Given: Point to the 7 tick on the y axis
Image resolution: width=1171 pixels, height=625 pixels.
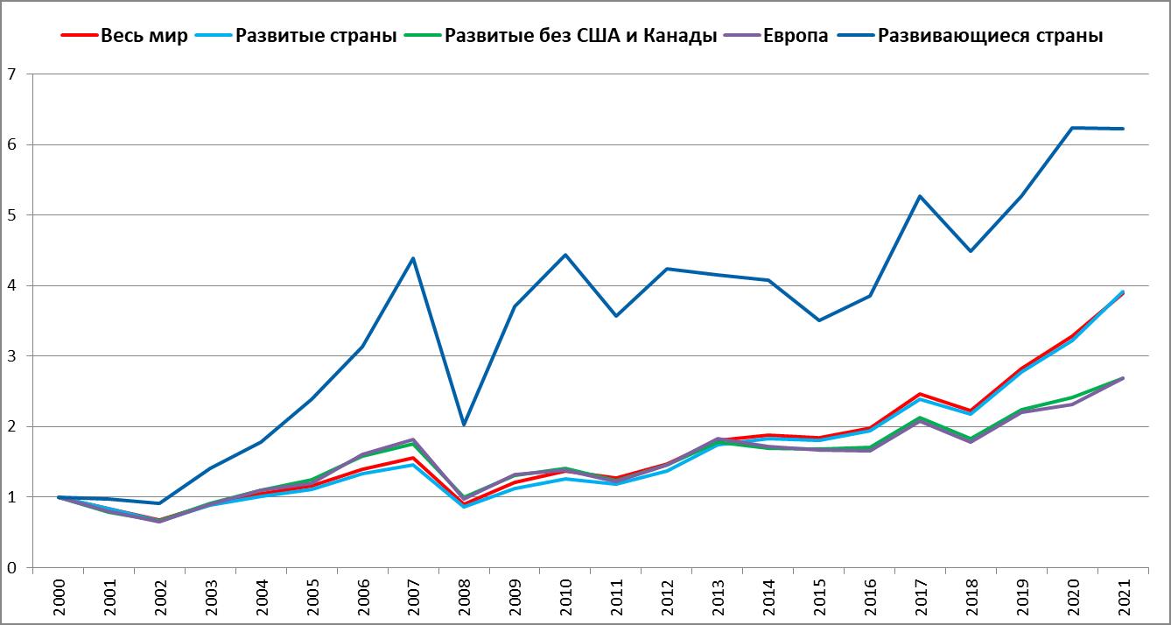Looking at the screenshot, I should point(11,74).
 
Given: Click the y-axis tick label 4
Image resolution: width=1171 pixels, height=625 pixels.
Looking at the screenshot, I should point(11,286).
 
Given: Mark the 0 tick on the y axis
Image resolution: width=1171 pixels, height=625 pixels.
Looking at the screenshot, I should point(11,568).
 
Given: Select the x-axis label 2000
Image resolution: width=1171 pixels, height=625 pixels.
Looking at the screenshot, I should point(57,598).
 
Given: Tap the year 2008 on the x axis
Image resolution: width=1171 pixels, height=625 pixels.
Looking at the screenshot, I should point(464,598).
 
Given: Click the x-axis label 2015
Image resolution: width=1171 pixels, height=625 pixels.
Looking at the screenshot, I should point(819,598).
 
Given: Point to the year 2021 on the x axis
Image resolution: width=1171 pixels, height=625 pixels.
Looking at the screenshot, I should point(1124,598).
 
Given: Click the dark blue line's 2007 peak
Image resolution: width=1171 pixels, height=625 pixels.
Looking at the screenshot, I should point(413,258).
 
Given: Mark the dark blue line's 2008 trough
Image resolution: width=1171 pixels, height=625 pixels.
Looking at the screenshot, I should point(464,425).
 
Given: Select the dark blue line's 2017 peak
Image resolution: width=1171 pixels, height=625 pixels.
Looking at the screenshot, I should point(921,196).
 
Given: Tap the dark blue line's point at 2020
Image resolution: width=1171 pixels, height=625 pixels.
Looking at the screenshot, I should point(1073,128).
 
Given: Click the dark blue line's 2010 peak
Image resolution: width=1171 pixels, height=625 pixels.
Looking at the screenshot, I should point(565,255).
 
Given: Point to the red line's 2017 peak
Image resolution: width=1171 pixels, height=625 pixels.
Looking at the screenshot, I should point(921,394).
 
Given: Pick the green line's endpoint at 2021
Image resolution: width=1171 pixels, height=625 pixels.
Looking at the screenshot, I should point(1124,378).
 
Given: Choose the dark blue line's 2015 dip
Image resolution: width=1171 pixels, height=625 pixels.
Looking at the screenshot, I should point(819,320).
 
